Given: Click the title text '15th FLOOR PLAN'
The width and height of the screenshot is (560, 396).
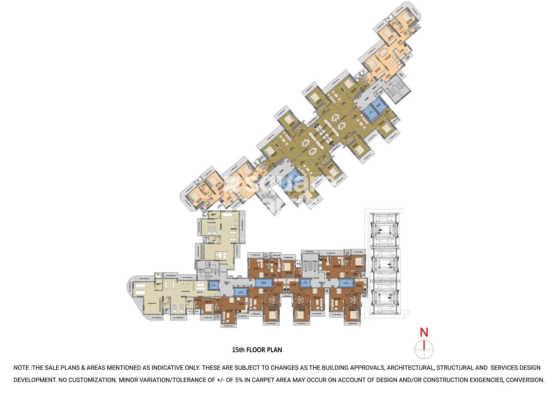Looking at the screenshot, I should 257,350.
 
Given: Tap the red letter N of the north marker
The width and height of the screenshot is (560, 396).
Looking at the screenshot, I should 424,332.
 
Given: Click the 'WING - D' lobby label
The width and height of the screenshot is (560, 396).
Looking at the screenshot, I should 322,283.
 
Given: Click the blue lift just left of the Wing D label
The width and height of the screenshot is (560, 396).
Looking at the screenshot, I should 305,283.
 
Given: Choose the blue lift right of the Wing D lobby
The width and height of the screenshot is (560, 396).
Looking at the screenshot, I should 346,282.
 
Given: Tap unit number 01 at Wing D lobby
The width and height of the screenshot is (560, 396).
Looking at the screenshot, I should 322,287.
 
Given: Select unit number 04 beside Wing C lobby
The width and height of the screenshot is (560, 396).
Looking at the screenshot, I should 224,295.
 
